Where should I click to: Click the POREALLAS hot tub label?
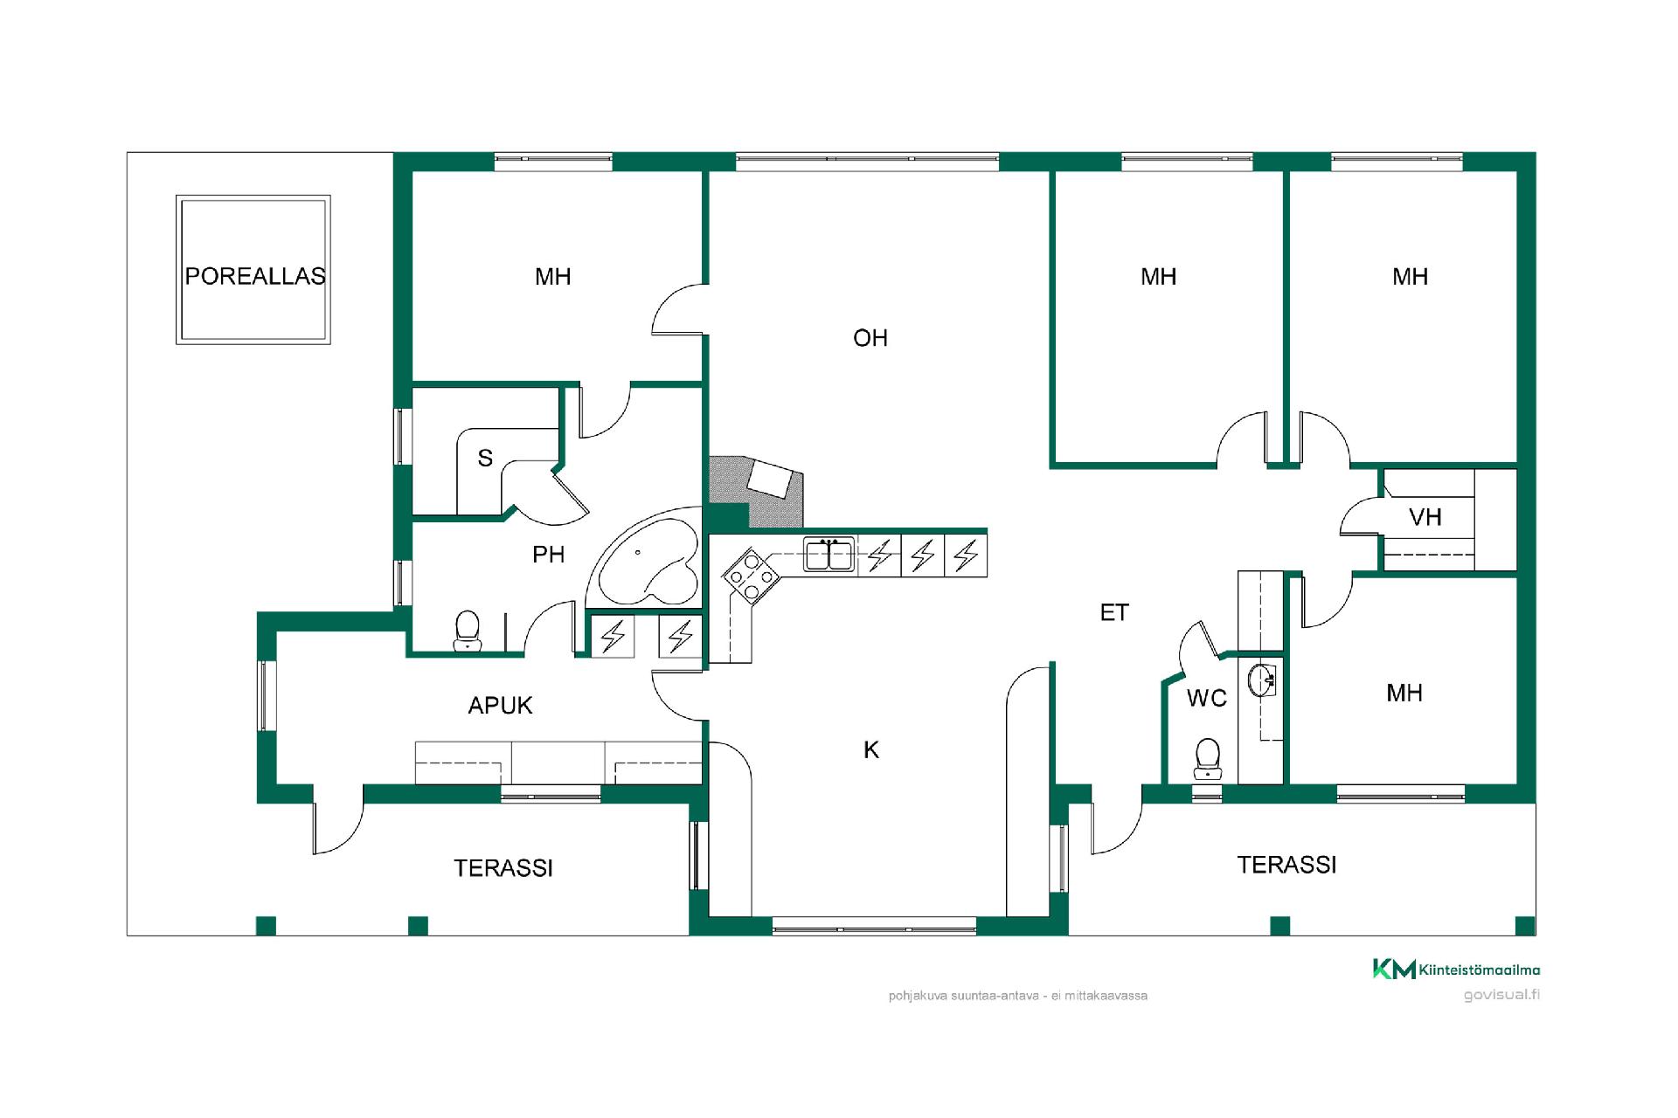(x=255, y=276)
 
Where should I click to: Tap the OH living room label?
(x=870, y=338)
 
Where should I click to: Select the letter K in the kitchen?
(x=871, y=749)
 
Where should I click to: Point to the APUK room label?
(x=500, y=706)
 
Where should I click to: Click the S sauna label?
(x=485, y=458)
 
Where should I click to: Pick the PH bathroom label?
(x=549, y=555)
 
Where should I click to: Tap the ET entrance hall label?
(x=1114, y=613)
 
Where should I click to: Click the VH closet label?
(x=1425, y=517)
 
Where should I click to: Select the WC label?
(x=1207, y=698)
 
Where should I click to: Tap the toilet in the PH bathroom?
(x=468, y=631)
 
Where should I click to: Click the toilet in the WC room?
(x=1208, y=758)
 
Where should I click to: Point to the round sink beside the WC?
(x=1262, y=680)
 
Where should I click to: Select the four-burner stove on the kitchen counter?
(x=751, y=575)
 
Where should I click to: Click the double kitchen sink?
(x=829, y=554)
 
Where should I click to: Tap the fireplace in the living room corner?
(x=756, y=491)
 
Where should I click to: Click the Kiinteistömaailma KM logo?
(x=1456, y=969)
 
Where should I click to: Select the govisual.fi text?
(x=1501, y=995)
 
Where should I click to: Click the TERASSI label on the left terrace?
(x=503, y=868)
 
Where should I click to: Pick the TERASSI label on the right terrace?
(x=1286, y=865)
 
